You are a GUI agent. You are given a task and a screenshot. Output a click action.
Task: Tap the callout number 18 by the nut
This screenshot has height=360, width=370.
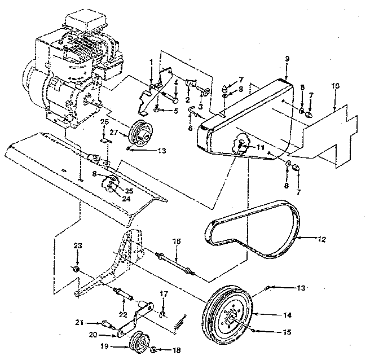177,350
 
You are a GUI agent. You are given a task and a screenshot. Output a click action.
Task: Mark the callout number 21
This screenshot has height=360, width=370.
81,323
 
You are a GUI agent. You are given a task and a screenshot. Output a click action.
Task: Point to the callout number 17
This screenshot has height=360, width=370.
164,293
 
